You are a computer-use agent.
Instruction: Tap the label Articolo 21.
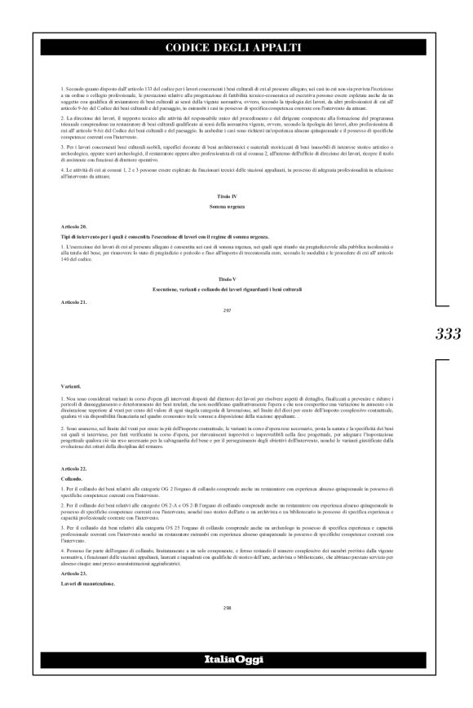tap(73, 301)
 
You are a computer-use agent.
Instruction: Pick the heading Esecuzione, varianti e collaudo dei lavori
tap(235, 289)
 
